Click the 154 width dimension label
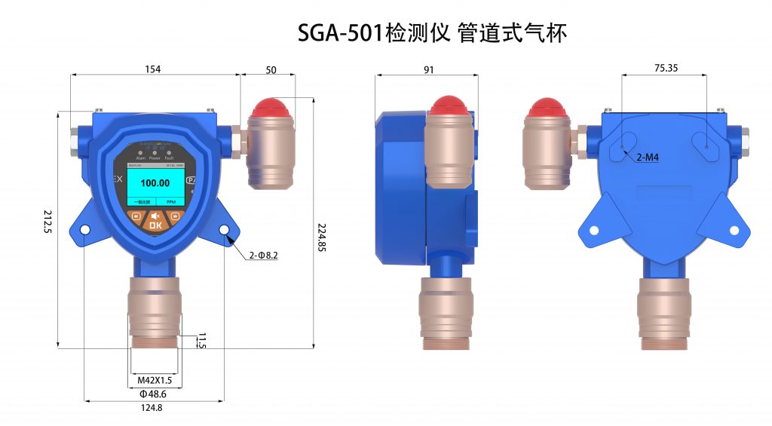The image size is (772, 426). [153, 69]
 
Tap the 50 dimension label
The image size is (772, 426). [271, 70]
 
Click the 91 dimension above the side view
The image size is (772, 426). [428, 69]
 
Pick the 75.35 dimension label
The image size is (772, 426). [666, 68]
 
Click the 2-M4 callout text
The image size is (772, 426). [648, 158]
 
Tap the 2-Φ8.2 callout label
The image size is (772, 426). [264, 256]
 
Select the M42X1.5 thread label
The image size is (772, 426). [155, 380]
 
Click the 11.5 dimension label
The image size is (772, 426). [201, 340]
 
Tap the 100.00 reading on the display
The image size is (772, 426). [155, 183]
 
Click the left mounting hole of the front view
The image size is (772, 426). [84, 230]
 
